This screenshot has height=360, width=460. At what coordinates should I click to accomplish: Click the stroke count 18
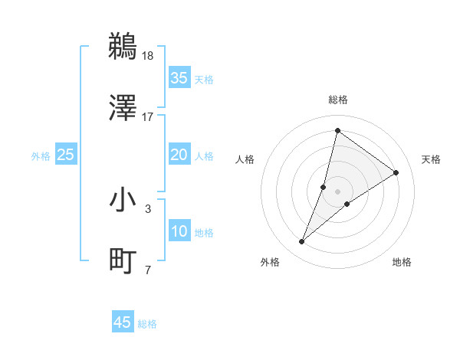coord(148,55)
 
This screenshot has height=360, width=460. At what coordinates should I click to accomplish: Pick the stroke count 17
coord(148,117)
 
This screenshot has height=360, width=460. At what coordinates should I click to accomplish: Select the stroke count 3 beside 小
coord(148,208)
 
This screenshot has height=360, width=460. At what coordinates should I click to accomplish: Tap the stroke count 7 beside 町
coord(148,270)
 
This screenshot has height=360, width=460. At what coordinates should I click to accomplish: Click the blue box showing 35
coord(179,78)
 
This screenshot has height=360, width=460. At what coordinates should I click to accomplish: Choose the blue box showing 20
coord(179,155)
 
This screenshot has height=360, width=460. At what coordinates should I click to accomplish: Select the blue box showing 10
coord(179,231)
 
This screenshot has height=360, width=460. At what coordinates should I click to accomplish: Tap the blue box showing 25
coord(65,155)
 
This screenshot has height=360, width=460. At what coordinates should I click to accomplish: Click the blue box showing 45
coord(123,322)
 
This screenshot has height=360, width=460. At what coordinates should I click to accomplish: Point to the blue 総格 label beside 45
coord(147,324)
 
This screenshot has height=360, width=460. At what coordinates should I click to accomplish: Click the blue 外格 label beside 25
coord(41,155)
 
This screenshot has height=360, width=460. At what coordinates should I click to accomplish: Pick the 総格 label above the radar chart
coord(337,100)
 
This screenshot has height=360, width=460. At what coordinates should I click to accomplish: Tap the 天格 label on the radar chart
coord(431,159)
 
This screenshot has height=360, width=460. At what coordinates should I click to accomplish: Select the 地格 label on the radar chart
coord(402,262)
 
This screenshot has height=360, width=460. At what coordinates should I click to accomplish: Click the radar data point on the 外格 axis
coord(302,242)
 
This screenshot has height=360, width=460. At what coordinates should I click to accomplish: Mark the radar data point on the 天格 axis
coord(396,172)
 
